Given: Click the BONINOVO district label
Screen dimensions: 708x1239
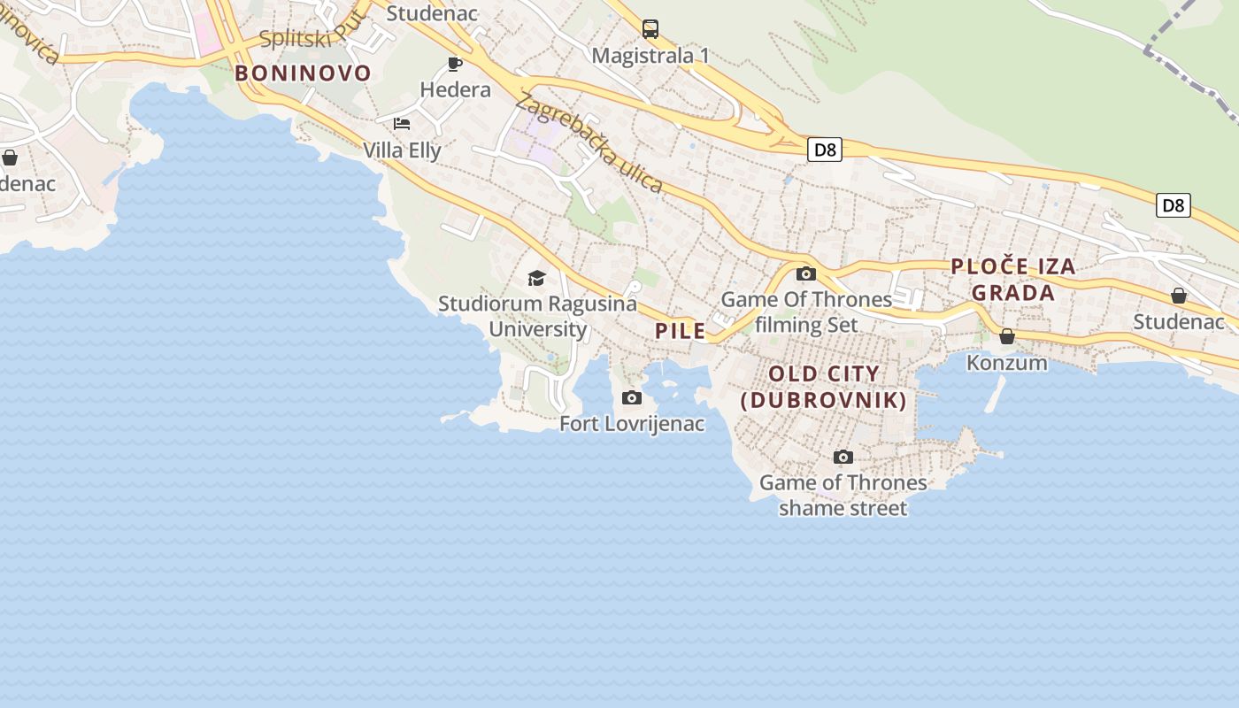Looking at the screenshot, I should click(x=303, y=73).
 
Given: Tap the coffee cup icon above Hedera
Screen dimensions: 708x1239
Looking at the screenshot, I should click(x=455, y=64).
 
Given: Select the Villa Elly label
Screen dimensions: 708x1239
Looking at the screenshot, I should click(x=402, y=150).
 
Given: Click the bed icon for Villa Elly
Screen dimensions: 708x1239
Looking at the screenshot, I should click(x=402, y=124).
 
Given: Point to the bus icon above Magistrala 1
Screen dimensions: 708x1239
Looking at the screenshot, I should click(x=650, y=29).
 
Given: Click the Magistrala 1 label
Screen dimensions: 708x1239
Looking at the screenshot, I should click(x=650, y=56).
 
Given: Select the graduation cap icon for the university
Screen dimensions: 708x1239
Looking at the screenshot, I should click(x=537, y=279).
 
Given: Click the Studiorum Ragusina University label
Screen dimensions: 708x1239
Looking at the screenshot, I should click(x=537, y=316).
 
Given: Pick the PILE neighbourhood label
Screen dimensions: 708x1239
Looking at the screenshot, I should click(x=681, y=331).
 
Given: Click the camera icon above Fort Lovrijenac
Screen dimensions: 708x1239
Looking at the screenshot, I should click(x=632, y=397).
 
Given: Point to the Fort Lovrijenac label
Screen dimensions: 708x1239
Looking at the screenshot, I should click(x=632, y=424).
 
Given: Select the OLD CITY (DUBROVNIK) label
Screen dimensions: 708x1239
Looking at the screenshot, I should click(x=824, y=387).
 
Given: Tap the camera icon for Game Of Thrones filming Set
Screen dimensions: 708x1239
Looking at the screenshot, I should click(x=805, y=273).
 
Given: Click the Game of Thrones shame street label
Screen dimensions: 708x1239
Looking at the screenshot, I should click(x=843, y=496).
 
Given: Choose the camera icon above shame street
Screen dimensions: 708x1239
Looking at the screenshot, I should click(x=843, y=457).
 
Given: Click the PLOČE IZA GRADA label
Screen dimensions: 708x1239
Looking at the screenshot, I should click(x=1013, y=280).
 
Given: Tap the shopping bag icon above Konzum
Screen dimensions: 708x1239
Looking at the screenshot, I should click(x=1006, y=336).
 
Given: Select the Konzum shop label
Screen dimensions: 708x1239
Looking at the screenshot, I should click(x=1006, y=363).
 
